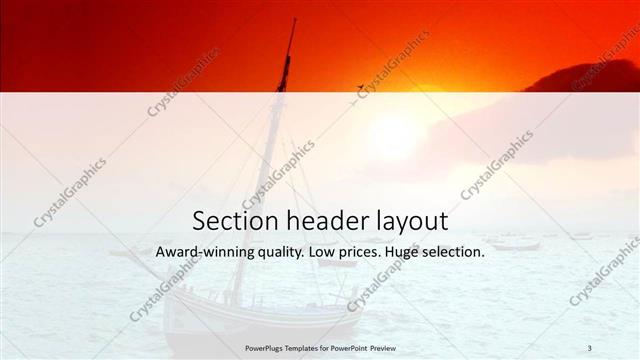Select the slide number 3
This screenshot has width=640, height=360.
pos(590,347)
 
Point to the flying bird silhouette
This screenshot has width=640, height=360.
pos(360,88)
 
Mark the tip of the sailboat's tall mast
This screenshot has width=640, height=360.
pos(293,20)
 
